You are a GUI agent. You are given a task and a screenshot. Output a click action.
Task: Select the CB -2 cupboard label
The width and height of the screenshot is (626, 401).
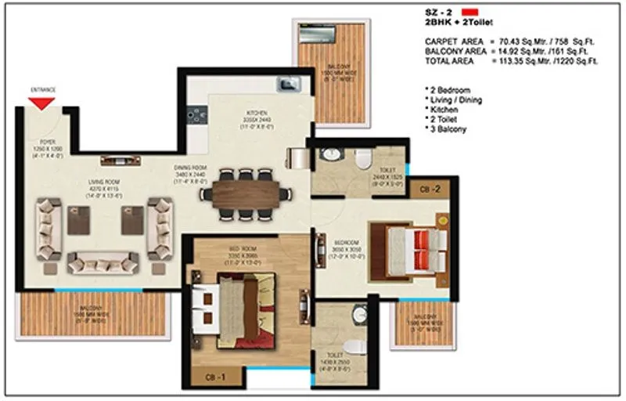[x=426, y=188]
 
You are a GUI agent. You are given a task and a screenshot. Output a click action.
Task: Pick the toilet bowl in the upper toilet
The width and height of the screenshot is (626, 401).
[x=361, y=159]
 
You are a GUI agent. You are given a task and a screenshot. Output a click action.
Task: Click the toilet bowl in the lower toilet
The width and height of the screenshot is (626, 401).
[x=354, y=345]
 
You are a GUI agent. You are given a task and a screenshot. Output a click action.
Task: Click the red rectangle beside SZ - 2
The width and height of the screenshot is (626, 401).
[x=469, y=13]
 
